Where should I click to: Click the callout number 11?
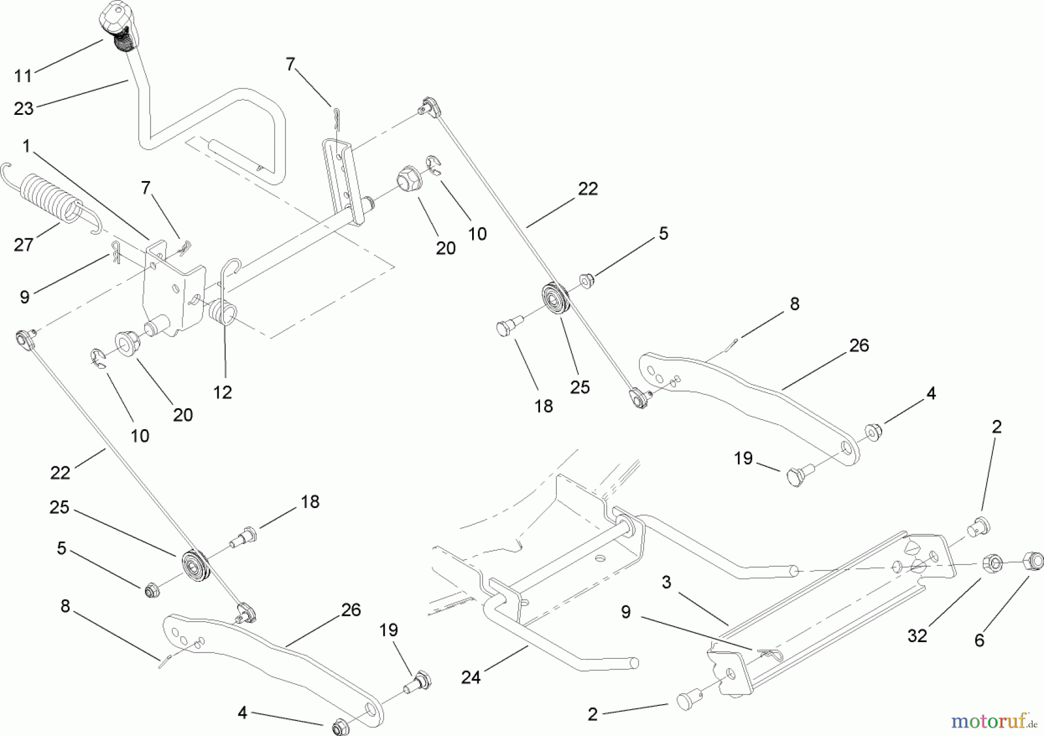tap(24, 75)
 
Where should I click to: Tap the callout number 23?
tap(24, 108)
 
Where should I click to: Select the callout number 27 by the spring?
tap(24, 244)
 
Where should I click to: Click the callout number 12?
tap(223, 392)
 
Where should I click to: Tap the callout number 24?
tap(471, 676)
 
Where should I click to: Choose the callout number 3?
tap(666, 582)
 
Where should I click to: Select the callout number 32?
tap(918, 636)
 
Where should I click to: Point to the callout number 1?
tap(26, 146)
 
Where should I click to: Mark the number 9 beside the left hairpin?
tap(24, 296)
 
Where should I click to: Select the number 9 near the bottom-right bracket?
tap(626, 612)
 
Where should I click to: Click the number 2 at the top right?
tap(997, 427)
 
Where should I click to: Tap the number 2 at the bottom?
tap(592, 714)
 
